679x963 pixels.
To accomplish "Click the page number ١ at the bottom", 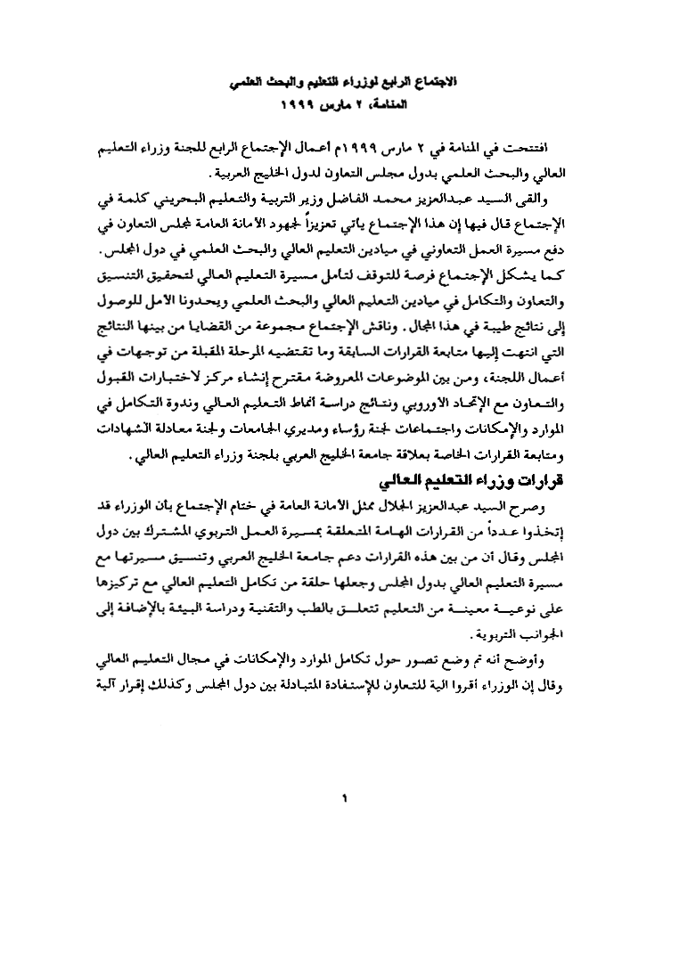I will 343,796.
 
